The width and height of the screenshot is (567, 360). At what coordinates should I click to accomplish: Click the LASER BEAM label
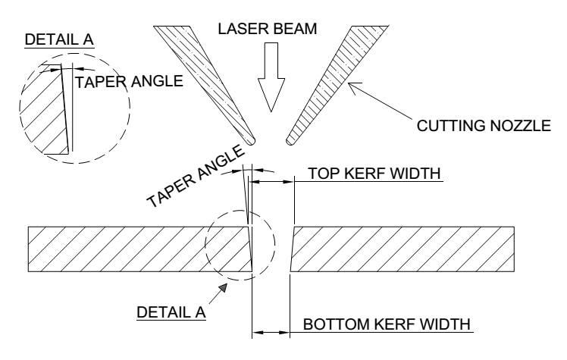270,31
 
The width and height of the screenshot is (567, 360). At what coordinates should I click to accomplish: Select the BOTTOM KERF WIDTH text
387,324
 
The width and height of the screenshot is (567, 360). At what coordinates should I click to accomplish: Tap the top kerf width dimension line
271,183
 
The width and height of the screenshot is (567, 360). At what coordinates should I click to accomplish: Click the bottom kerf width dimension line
269,333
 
